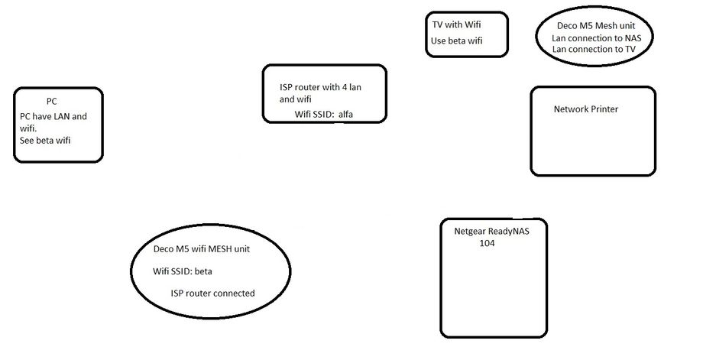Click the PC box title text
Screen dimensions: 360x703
tap(51, 101)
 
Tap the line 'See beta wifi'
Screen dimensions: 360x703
tap(46, 141)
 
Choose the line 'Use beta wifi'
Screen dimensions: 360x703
tap(457, 41)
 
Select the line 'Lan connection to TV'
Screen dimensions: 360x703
tap(593, 49)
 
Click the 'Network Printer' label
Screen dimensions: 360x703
tap(585, 109)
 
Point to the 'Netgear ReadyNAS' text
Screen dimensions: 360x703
tap(491, 232)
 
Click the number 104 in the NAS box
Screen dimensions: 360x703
tap(488, 243)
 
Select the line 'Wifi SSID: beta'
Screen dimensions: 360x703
tap(183, 271)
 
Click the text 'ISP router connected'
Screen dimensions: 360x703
tap(213, 293)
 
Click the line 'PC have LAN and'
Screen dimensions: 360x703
tap(53, 116)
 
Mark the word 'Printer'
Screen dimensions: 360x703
tap(603, 109)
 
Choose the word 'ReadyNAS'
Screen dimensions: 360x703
tap(509, 232)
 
